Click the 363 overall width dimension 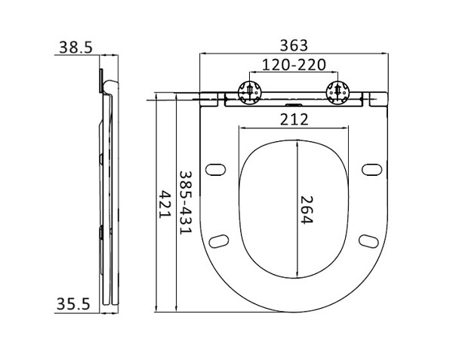294,45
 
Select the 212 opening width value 294,119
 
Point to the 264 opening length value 306,210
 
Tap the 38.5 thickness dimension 75,48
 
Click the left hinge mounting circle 249,91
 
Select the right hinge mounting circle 337,91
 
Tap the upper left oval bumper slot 216,168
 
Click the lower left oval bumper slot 220,240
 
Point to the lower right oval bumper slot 367,240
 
